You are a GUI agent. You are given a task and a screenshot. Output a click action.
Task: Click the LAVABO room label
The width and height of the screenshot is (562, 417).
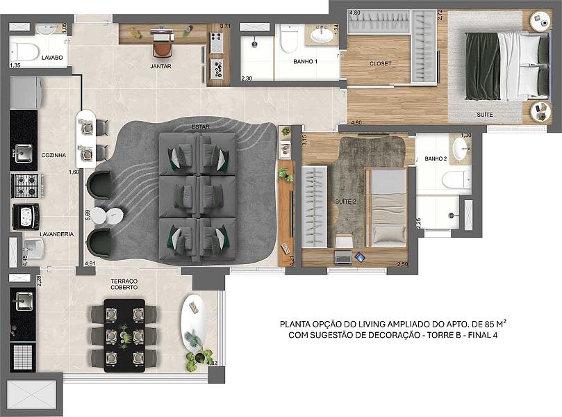[x=52, y=58]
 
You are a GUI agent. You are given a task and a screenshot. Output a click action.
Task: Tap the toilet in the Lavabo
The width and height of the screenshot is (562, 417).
[x=24, y=51]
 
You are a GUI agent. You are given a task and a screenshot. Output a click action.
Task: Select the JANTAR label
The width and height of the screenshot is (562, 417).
[x=160, y=66]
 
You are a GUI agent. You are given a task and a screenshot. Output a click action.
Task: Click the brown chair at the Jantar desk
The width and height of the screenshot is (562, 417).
[x=163, y=49]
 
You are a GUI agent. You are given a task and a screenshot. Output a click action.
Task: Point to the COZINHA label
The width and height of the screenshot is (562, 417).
[x=53, y=155]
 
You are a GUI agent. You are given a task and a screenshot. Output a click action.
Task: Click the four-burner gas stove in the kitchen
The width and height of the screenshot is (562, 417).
[x=25, y=186]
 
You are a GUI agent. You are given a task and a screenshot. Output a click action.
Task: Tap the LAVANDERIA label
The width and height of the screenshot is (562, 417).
[x=57, y=234]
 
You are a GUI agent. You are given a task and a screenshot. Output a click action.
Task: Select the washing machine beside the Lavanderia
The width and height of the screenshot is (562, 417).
[x=26, y=217]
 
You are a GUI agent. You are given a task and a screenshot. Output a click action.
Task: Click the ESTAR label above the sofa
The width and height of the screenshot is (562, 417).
[x=200, y=127]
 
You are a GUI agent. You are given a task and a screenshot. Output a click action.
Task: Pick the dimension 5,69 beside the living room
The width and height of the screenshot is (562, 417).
[x=88, y=218]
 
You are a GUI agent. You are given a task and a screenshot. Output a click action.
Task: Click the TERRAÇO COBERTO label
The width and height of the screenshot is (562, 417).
[x=124, y=284]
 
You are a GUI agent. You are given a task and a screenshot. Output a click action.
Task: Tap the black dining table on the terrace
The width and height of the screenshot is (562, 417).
[x=124, y=336]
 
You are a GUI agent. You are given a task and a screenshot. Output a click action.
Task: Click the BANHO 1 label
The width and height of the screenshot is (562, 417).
[x=306, y=62]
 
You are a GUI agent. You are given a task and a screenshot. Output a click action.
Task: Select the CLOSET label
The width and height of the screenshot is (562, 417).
[x=380, y=63]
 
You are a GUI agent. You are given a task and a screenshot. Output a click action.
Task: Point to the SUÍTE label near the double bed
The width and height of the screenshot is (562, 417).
[x=485, y=115]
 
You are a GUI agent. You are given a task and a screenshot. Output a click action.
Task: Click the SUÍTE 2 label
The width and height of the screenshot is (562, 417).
[x=345, y=202]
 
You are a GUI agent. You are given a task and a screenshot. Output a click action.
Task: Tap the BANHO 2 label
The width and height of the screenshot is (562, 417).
[x=436, y=158]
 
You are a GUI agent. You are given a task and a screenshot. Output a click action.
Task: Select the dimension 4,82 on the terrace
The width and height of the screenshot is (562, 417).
[x=212, y=363]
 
